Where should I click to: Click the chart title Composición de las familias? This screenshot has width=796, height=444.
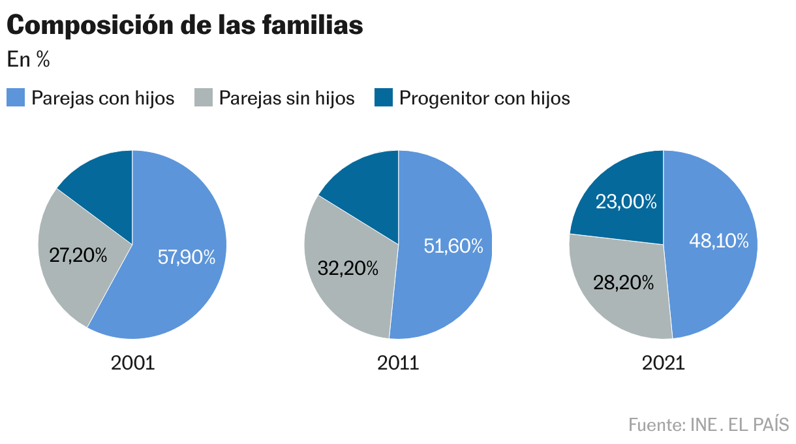pos(185,25)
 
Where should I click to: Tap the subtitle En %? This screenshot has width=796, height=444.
pos(28,60)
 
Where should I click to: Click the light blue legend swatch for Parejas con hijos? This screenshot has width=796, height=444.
pos(16,98)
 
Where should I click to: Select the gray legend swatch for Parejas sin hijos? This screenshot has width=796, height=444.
pos(204,98)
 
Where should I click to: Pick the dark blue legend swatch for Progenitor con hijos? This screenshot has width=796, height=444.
pos(384,98)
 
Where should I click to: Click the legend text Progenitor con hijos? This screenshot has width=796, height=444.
pos(485,98)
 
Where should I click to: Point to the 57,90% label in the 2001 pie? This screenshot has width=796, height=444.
pos(187,257)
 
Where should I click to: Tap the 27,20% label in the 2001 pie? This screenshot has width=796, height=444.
pos(78,255)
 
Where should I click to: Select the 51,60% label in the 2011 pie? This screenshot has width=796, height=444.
pos(453,246)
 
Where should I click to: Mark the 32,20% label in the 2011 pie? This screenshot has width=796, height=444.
pos(348,268)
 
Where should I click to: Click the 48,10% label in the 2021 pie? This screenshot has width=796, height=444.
pos(719,241)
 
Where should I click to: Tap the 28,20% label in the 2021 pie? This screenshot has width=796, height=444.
pos(623,282)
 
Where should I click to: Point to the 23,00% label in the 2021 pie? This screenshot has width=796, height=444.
pos(626,202)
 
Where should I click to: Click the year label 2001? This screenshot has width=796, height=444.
pos(132,363)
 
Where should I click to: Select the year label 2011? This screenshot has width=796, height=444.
pos(398,363)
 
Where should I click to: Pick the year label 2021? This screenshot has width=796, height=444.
pos(664,363)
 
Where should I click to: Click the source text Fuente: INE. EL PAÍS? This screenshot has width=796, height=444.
pos(709,424)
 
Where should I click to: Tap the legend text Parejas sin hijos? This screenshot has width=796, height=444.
pos(286,98)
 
